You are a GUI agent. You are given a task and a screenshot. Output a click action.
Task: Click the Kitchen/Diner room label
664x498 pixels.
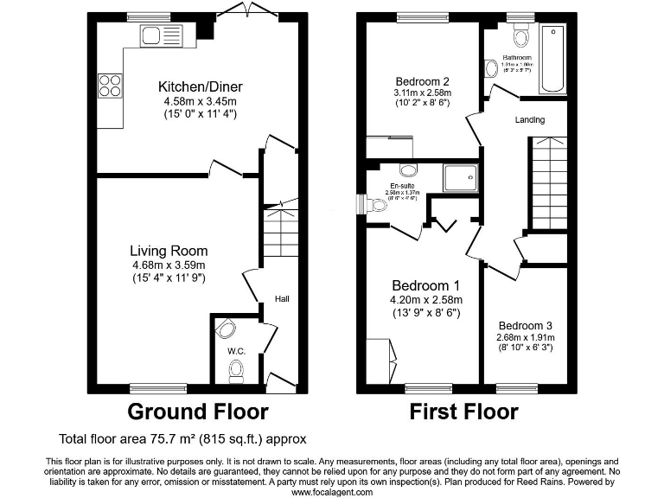pyautogui.click(x=200, y=86)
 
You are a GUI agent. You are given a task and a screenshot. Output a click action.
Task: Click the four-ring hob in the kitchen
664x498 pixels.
pyautogui.click(x=110, y=85)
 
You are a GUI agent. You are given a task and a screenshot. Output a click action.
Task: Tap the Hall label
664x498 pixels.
pyautogui.click(x=282, y=299)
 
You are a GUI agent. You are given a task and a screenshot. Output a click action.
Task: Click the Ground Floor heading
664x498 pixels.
pyautogui.click(x=198, y=412)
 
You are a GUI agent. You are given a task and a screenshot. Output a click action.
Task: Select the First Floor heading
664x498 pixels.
pyautogui.click(x=463, y=412)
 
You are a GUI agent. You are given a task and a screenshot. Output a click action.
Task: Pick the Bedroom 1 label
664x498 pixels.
pyautogui.click(x=425, y=286)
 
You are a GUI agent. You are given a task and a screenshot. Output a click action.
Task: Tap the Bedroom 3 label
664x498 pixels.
pyautogui.click(x=524, y=326)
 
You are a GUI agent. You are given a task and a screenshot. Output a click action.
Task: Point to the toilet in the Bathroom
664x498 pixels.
pyautogui.click(x=520, y=37)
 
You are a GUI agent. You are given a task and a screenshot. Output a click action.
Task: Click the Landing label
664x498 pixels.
pyautogui.click(x=530, y=120)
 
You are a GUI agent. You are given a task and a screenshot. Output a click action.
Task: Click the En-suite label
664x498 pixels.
pyautogui.click(x=400, y=185)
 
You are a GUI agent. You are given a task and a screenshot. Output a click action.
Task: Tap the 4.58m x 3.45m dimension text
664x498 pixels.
pyautogui.click(x=200, y=101)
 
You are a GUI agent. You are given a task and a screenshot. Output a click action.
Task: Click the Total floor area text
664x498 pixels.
pyautogui.click(x=182, y=439)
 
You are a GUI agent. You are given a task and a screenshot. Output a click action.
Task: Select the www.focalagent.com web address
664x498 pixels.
pyautogui.click(x=332, y=492)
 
